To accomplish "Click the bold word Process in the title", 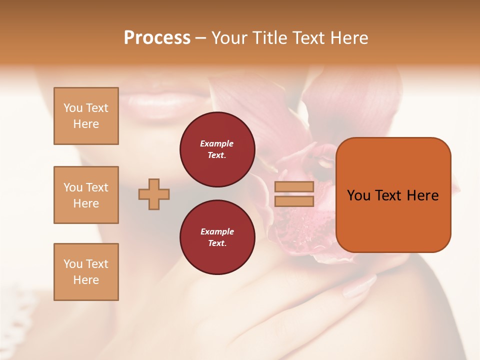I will pyautogui.click(x=157, y=38).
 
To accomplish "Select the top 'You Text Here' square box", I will pyautogui.click(x=86, y=116).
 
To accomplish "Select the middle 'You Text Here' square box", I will pyautogui.click(x=86, y=195).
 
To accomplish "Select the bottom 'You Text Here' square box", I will pyautogui.click(x=86, y=272).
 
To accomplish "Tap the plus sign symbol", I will pyautogui.click(x=154, y=194).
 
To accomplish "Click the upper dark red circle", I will pyautogui.click(x=217, y=149).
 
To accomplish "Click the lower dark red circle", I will pyautogui.click(x=217, y=237).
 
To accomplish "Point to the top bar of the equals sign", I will pyautogui.click(x=294, y=187).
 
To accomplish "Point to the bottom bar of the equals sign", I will pyautogui.click(x=294, y=201).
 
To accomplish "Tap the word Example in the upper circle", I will pyautogui.click(x=217, y=143).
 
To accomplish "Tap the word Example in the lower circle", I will pyautogui.click(x=217, y=231).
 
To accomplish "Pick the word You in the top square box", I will pyautogui.click(x=72, y=108).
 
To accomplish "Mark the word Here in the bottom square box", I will pyautogui.click(x=86, y=280).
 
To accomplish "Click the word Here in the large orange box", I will pyautogui.click(x=422, y=195).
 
